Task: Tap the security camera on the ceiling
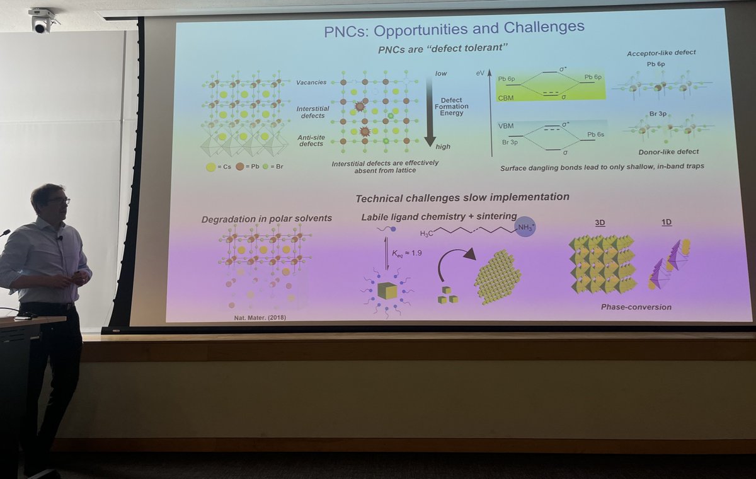tap(41, 20)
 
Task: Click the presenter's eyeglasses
tap(58, 201)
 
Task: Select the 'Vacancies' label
tap(311, 83)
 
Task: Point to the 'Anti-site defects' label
tap(311, 141)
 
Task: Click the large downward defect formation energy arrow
tap(430, 111)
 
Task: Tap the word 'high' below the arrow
tap(443, 147)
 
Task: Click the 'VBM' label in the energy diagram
tap(506, 125)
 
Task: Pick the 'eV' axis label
tap(480, 74)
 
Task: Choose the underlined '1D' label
tap(666, 223)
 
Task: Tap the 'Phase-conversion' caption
tap(636, 307)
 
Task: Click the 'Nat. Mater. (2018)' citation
tap(264, 317)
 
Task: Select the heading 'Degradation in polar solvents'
tap(266, 219)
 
